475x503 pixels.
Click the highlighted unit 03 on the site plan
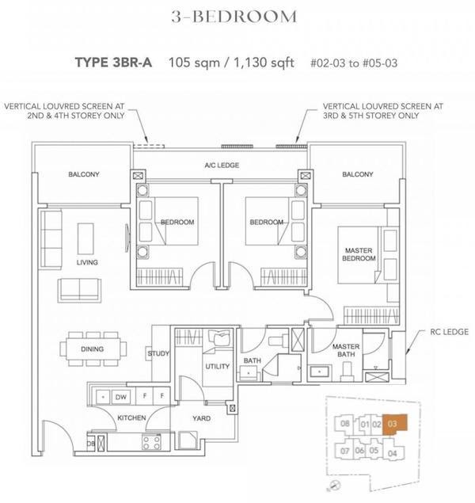(394, 424)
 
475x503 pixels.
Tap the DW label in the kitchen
(121, 397)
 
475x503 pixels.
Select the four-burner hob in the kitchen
(151, 443)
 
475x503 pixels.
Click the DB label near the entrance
(90, 444)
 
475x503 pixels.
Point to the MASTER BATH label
(346, 350)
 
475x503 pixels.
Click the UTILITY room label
(217, 366)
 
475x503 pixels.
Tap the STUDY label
(158, 353)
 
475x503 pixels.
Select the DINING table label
(93, 349)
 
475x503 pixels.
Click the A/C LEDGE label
(222, 166)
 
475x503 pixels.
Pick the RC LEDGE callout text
(450, 332)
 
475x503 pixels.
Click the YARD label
(202, 418)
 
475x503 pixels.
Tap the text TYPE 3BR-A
(113, 63)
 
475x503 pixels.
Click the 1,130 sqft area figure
(264, 63)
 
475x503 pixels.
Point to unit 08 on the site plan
(344, 424)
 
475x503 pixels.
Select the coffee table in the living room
(85, 239)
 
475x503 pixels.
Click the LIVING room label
(87, 262)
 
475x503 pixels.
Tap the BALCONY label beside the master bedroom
(358, 174)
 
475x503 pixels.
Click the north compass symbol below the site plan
(335, 485)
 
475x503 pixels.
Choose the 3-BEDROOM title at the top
(234, 17)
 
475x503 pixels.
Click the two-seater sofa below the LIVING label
(79, 290)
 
